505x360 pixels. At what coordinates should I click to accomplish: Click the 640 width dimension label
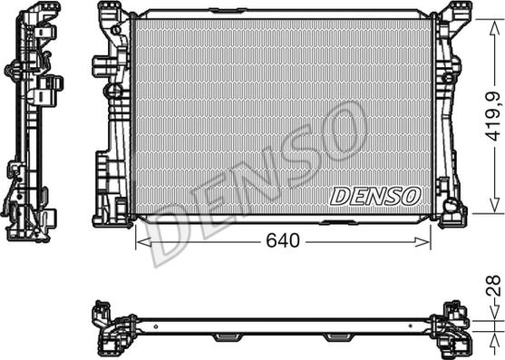click(283, 240)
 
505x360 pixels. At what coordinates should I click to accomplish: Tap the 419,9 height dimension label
click(494, 117)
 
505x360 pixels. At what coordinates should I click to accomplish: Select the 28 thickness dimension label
click(494, 286)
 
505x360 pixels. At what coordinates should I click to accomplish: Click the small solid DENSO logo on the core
click(375, 197)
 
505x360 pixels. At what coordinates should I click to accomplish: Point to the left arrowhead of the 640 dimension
click(143, 242)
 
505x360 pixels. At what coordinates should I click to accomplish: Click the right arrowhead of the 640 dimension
click(422, 242)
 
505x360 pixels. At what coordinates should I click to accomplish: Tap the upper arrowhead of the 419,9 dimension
click(494, 28)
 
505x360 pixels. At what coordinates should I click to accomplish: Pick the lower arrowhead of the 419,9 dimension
click(494, 204)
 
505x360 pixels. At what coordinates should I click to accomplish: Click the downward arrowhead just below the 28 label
click(494, 311)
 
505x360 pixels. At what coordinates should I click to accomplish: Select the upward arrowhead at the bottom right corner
click(494, 340)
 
